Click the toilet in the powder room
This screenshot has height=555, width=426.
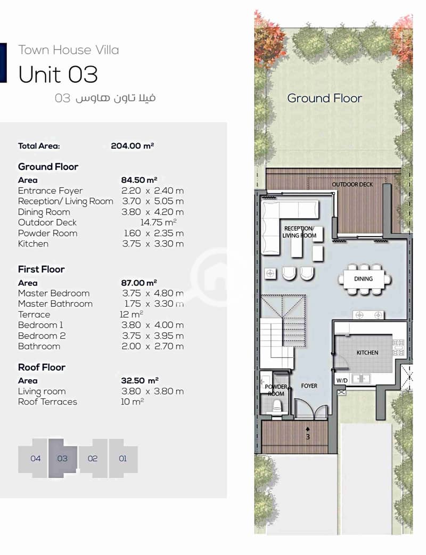(x=277, y=406)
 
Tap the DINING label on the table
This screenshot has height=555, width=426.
(x=363, y=279)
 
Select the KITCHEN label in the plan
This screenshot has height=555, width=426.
(x=367, y=353)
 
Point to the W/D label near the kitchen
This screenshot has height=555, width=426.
(x=342, y=380)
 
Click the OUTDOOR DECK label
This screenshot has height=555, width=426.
(x=352, y=184)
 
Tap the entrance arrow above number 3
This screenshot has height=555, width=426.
(x=308, y=429)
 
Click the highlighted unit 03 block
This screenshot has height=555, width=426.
(x=63, y=458)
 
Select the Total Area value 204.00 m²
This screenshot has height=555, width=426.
(x=133, y=146)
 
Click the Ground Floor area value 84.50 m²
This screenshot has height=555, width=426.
(x=139, y=180)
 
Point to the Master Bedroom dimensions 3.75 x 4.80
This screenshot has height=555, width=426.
(x=153, y=293)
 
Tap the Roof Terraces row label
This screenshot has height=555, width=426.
(x=47, y=402)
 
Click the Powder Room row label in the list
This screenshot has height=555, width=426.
(x=47, y=233)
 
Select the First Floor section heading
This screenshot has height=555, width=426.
(x=42, y=270)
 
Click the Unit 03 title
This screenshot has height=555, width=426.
(x=58, y=75)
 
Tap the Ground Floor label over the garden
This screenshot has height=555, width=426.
(x=324, y=98)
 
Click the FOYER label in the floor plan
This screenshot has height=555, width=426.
(x=309, y=386)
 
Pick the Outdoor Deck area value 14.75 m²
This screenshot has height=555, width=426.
(x=158, y=222)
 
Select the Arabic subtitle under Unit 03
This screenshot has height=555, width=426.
(x=105, y=98)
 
